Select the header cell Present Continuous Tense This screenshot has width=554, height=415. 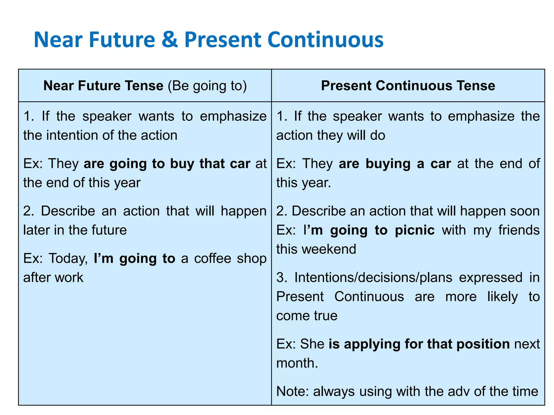click(x=408, y=86)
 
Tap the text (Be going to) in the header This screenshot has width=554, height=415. click(x=207, y=86)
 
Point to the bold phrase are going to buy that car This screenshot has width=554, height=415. click(x=167, y=164)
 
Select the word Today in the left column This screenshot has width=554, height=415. click(x=68, y=259)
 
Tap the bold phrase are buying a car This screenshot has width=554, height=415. click(x=395, y=164)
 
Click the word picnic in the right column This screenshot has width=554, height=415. click(x=415, y=230)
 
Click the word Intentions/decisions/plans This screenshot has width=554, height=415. click(x=373, y=277)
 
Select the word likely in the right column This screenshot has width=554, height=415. click(x=502, y=297)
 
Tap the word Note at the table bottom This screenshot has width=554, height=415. click(x=291, y=391)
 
